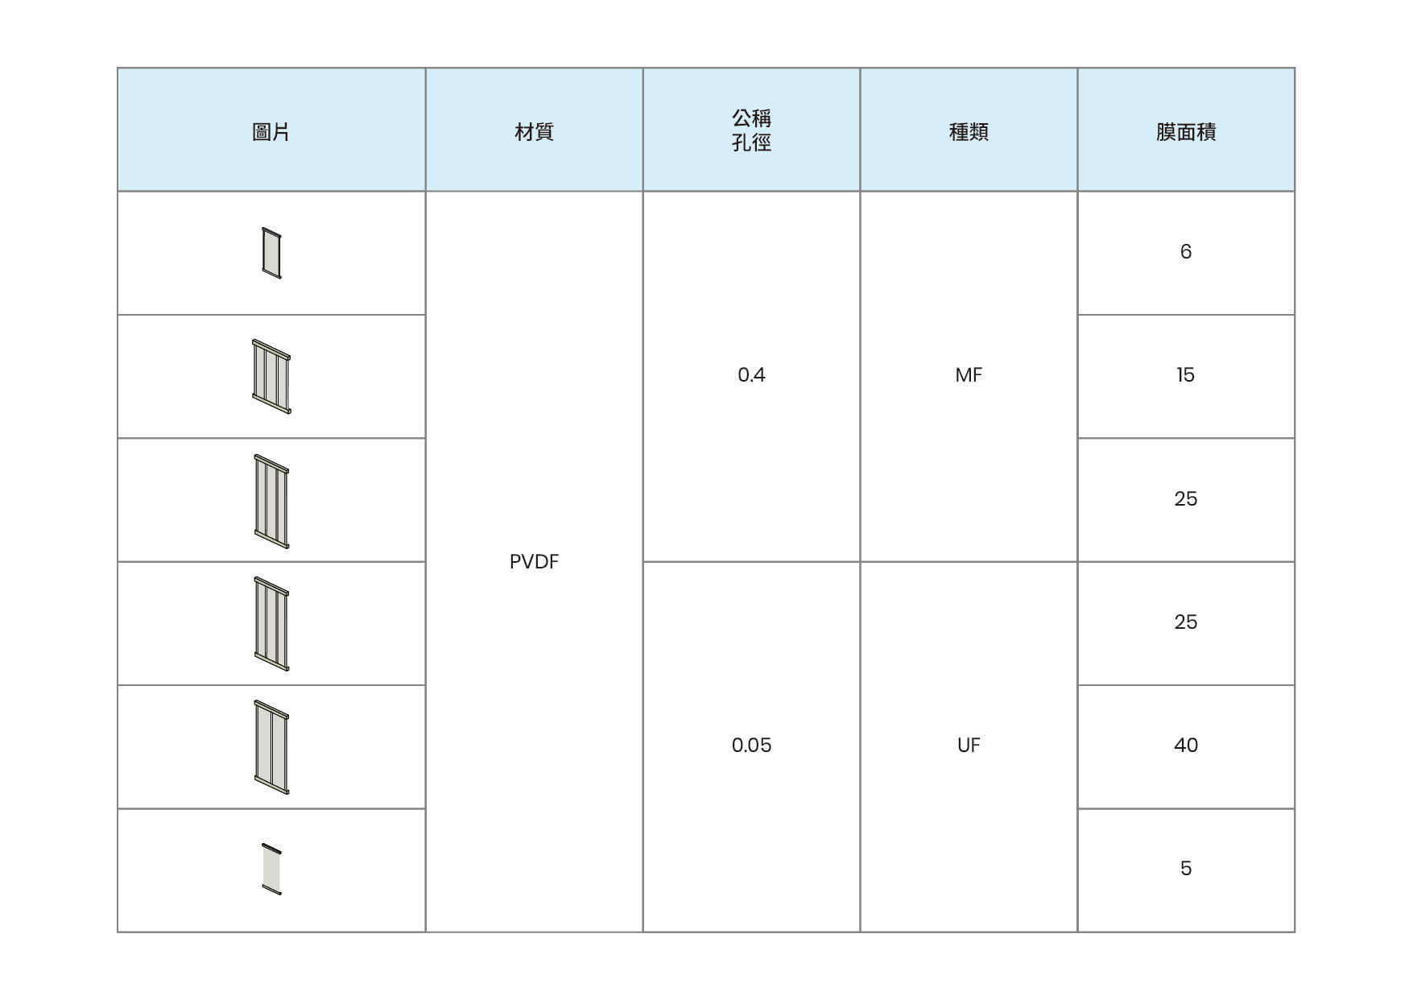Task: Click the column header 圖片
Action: click(x=271, y=132)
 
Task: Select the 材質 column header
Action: click(x=534, y=132)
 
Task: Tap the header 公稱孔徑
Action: click(x=751, y=130)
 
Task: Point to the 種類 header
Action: click(x=969, y=132)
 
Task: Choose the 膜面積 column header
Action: click(x=1186, y=132)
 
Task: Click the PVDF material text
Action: click(x=534, y=562)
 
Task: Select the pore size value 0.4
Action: click(x=751, y=375)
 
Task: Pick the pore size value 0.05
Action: click(x=751, y=746)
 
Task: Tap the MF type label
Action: click(x=969, y=375)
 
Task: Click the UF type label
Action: click(x=969, y=746)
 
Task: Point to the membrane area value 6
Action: click(x=1186, y=252)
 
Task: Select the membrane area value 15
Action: click(x=1186, y=375)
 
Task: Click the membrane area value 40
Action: click(x=1186, y=746)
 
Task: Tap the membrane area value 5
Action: click(x=1186, y=869)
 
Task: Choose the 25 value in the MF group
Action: click(x=1186, y=499)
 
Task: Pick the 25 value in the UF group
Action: click(x=1186, y=622)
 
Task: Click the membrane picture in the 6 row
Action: click(x=272, y=254)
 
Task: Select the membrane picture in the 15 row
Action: click(x=271, y=377)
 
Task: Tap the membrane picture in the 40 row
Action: click(x=271, y=747)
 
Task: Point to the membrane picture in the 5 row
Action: click(x=272, y=870)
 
